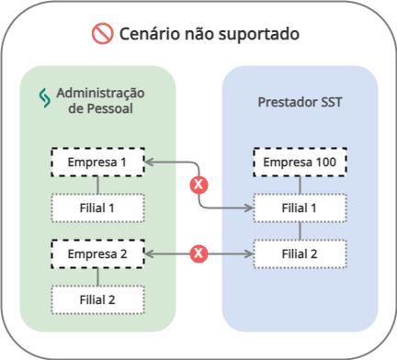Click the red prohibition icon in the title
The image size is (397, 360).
click(x=101, y=35)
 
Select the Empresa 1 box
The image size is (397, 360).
click(x=97, y=163)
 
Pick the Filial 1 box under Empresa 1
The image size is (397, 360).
click(x=97, y=208)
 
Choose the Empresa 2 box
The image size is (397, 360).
click(x=97, y=252)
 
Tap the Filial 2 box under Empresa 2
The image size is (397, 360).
click(x=97, y=298)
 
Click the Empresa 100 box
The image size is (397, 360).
click(x=300, y=163)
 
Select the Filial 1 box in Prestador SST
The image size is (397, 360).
click(x=300, y=208)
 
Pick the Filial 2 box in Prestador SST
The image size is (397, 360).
click(x=300, y=252)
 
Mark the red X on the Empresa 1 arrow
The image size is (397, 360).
click(x=197, y=185)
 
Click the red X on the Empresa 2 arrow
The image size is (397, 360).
click(x=197, y=252)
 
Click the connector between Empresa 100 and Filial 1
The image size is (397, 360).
click(x=300, y=186)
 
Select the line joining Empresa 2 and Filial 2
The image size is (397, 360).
click(x=97, y=275)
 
